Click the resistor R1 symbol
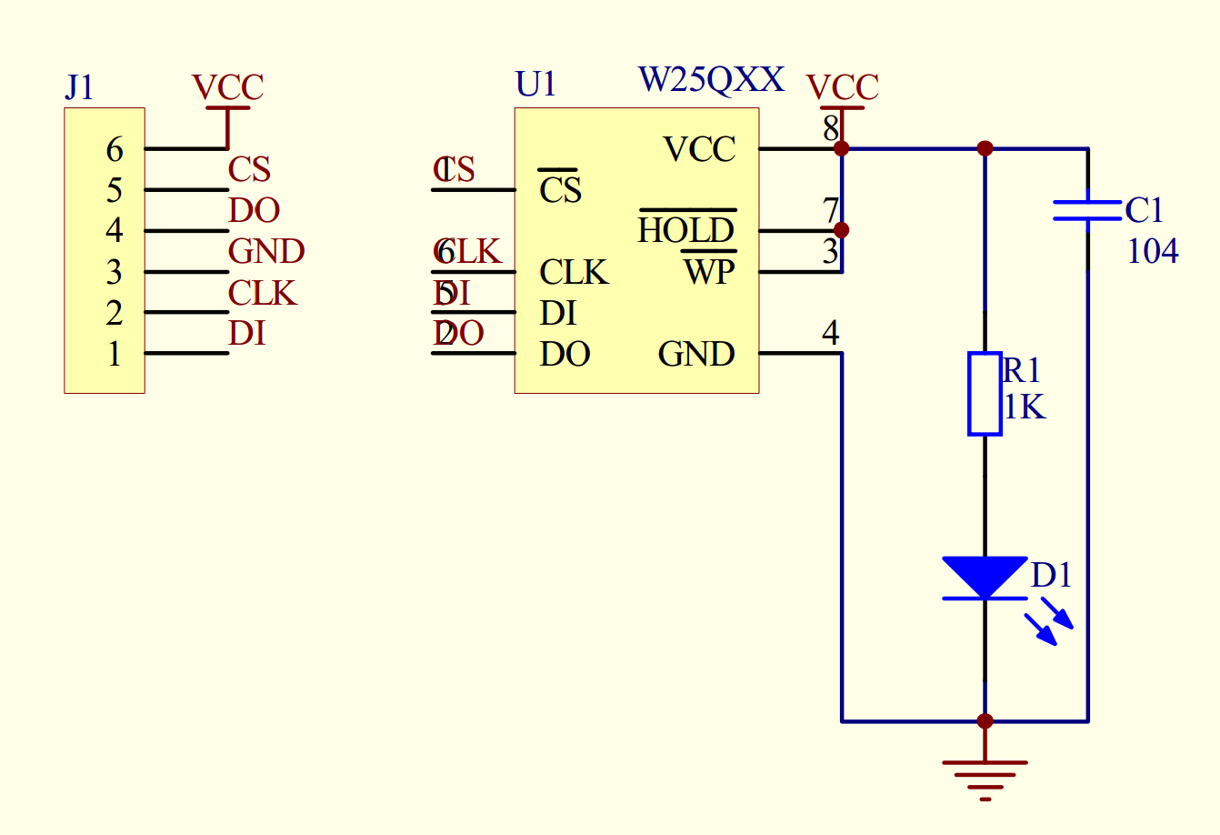(x=985, y=394)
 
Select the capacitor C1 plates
(x=1087, y=210)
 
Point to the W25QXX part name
(x=711, y=80)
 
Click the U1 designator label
(x=535, y=84)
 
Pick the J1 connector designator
(x=79, y=87)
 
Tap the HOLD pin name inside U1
(x=686, y=230)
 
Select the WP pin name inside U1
(x=709, y=271)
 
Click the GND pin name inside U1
(x=696, y=354)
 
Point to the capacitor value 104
(x=1153, y=251)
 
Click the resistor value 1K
(x=1025, y=407)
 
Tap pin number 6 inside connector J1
(x=115, y=149)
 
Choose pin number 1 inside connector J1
(x=115, y=354)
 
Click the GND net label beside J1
(x=265, y=251)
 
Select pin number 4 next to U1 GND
(x=830, y=334)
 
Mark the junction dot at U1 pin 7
(x=842, y=230)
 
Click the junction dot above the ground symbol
(x=985, y=721)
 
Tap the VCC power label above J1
(x=227, y=87)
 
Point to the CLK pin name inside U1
(x=574, y=272)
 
